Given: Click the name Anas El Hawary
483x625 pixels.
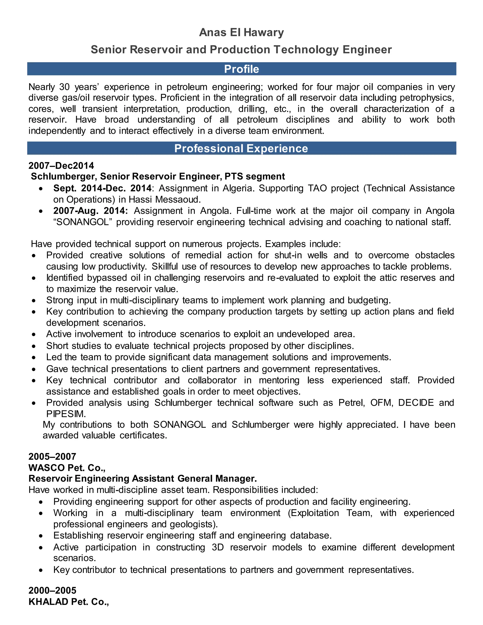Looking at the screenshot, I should click(x=241, y=33).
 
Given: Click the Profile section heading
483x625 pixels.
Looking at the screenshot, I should click(x=241, y=69).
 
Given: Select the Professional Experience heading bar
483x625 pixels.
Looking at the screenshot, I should click(x=241, y=149).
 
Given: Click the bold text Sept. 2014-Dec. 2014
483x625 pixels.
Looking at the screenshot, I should click(x=102, y=188).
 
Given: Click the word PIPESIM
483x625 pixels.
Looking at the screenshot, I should click(x=66, y=414).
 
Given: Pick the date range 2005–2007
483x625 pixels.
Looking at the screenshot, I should click(x=52, y=456).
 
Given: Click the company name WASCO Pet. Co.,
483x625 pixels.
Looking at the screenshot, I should click(x=67, y=468).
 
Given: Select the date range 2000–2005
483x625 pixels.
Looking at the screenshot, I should click(x=52, y=590).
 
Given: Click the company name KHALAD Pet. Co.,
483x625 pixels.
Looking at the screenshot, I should click(x=69, y=602).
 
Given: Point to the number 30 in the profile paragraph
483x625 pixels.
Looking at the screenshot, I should click(x=65, y=87).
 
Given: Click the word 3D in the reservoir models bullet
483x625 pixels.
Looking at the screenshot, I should click(x=218, y=547).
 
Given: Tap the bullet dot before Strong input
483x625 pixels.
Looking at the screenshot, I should click(x=34, y=301).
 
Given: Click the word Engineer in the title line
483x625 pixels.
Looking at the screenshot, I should click(x=367, y=50).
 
